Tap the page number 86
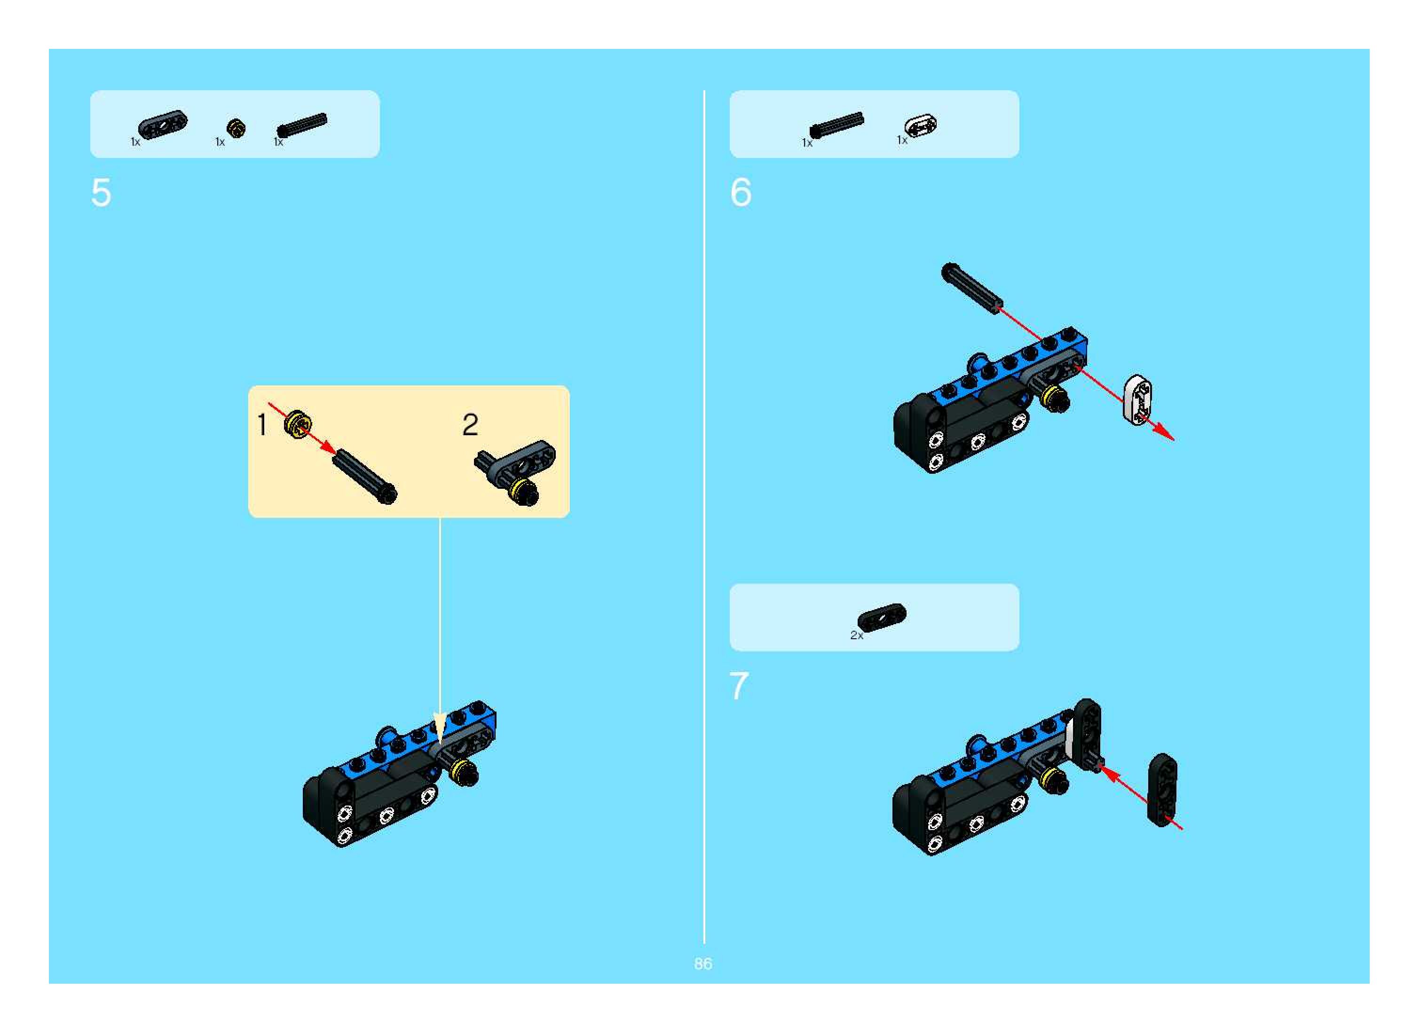[x=702, y=964]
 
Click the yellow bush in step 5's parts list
[x=236, y=128]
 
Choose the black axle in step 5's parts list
[x=302, y=124]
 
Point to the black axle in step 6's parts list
[x=836, y=125]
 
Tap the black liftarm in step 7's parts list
[x=882, y=617]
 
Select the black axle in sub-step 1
[x=364, y=476]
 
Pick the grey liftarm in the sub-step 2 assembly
[x=525, y=461]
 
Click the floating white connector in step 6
[x=1137, y=400]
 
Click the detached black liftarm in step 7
[x=1162, y=790]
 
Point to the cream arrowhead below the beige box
[x=440, y=727]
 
